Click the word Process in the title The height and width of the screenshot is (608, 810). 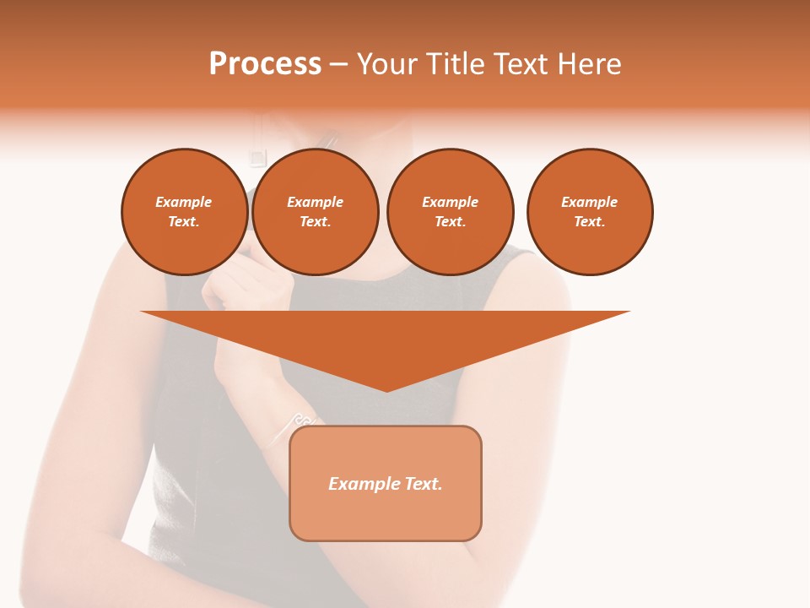point(265,64)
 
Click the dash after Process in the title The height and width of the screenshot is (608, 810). point(339,65)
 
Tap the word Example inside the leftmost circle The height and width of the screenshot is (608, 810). point(184,202)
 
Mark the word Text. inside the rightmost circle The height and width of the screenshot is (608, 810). point(590,221)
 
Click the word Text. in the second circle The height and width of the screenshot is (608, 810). point(316,221)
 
